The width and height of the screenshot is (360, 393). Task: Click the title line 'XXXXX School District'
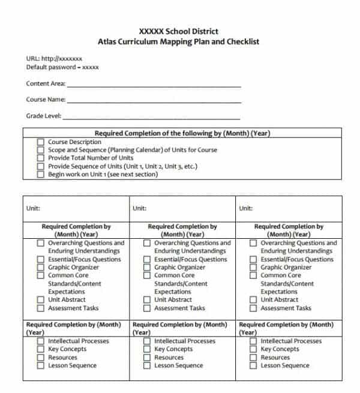pos(178,31)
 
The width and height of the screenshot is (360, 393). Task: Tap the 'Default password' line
pos(62,67)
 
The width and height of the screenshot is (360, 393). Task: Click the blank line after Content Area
pos(154,86)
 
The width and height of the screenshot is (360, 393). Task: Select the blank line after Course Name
pos(154,101)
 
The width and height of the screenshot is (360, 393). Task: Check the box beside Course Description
pos(41,142)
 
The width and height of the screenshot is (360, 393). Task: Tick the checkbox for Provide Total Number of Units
pos(41,158)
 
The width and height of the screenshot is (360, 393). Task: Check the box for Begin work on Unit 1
pos(41,175)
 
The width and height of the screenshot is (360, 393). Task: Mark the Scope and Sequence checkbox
pos(41,150)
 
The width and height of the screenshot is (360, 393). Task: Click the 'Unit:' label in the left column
pos(33,208)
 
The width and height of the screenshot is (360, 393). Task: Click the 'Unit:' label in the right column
pos(245,208)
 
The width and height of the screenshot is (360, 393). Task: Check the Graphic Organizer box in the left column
pos(41,268)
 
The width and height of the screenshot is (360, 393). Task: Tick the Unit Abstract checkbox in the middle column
pos(147,300)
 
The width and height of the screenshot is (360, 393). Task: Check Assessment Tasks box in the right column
pos(253,308)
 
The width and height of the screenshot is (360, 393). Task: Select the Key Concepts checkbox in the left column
pos(41,349)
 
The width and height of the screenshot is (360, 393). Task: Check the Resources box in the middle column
pos(147,358)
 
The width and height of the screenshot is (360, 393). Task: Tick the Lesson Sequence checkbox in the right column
pos(253,365)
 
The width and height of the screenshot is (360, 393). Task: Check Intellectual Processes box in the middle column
pos(147,341)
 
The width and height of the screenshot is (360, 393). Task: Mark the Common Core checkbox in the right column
pos(253,275)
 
